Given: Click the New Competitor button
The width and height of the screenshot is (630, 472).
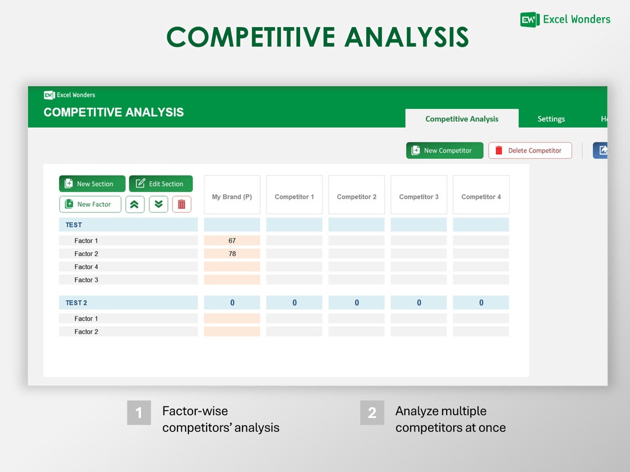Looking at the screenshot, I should [x=444, y=151].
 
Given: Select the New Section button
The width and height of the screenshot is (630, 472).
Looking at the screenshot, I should [x=92, y=184].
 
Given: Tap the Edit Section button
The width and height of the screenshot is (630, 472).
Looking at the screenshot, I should [x=161, y=184].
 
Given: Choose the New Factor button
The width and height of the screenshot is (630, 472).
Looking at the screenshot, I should [x=90, y=204].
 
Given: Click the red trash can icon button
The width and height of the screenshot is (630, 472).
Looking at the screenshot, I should [x=182, y=204].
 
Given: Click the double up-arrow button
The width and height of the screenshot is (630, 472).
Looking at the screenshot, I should [x=135, y=204].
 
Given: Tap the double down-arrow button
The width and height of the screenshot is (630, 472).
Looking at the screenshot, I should [x=159, y=204].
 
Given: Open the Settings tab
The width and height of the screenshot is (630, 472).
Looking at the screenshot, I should [x=551, y=119].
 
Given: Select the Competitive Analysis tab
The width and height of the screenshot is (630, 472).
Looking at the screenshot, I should [x=461, y=119].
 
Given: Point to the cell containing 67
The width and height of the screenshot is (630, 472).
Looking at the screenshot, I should [x=232, y=241].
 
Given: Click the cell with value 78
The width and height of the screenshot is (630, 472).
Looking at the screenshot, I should [x=232, y=254].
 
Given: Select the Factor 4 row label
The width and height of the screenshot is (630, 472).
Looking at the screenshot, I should [x=86, y=267].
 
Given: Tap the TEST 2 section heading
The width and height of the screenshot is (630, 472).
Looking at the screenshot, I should [x=76, y=303].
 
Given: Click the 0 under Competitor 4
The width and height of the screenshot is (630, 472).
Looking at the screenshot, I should [x=481, y=303].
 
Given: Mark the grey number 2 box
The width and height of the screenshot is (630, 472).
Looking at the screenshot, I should [x=372, y=413].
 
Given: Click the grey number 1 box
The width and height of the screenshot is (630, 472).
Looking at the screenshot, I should [x=139, y=413].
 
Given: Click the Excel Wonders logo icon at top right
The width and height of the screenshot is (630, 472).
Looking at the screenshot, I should [x=529, y=20].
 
